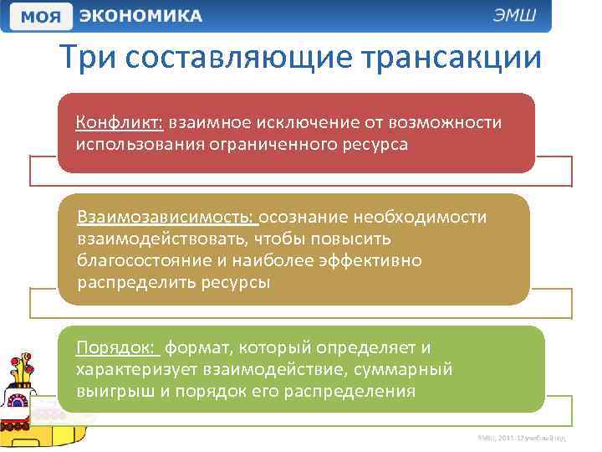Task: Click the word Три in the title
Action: [x=91, y=58]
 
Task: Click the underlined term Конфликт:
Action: [x=119, y=123]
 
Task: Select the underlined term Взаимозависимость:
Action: [x=166, y=218]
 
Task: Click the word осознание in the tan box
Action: [x=304, y=218]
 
